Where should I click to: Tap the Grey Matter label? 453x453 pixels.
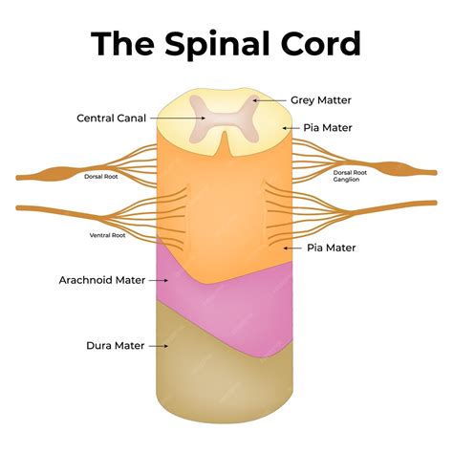pyautogui.click(x=321, y=98)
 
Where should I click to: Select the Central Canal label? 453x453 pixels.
pyautogui.click(x=111, y=119)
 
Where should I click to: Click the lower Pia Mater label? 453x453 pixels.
pyautogui.click(x=333, y=247)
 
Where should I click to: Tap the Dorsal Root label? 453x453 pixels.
pyautogui.click(x=101, y=176)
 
